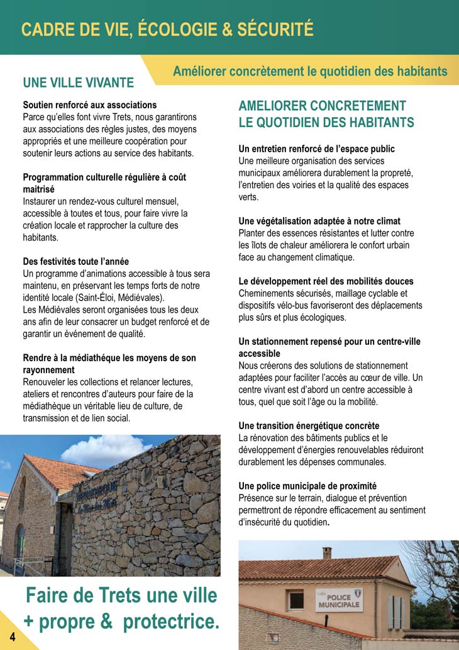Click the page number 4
12,637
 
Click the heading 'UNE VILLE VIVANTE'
79,83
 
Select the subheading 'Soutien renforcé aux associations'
90,105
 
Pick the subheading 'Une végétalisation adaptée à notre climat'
319,221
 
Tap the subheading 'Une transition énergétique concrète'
309,426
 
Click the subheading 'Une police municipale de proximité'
307,486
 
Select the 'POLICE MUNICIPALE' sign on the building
339,600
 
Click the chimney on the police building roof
327,552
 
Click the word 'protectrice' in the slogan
171,622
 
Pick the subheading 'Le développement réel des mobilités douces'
326,281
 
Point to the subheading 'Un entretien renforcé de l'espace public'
317,149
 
